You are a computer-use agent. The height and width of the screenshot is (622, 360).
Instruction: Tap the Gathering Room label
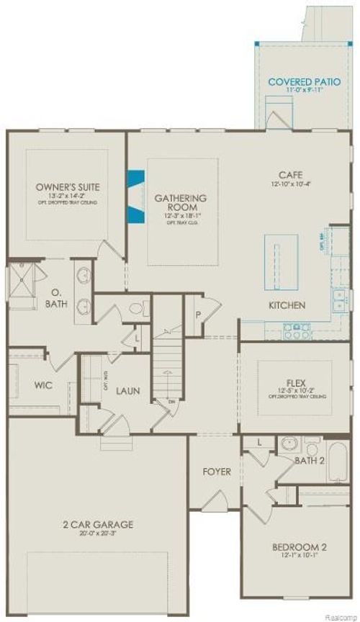click(181, 202)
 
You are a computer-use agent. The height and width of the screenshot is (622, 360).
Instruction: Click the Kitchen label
click(287, 305)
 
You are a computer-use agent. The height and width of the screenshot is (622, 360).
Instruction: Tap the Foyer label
click(216, 472)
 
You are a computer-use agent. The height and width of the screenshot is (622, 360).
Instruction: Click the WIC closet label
click(43, 384)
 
